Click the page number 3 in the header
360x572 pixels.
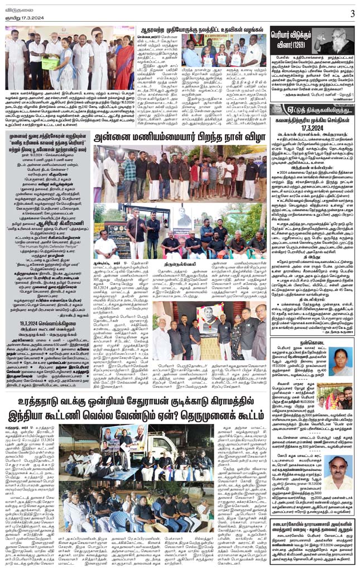(x=352, y=13)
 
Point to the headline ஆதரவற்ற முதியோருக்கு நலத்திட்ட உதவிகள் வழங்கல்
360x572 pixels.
(x=201, y=31)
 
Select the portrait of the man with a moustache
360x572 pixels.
(x=340, y=475)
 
